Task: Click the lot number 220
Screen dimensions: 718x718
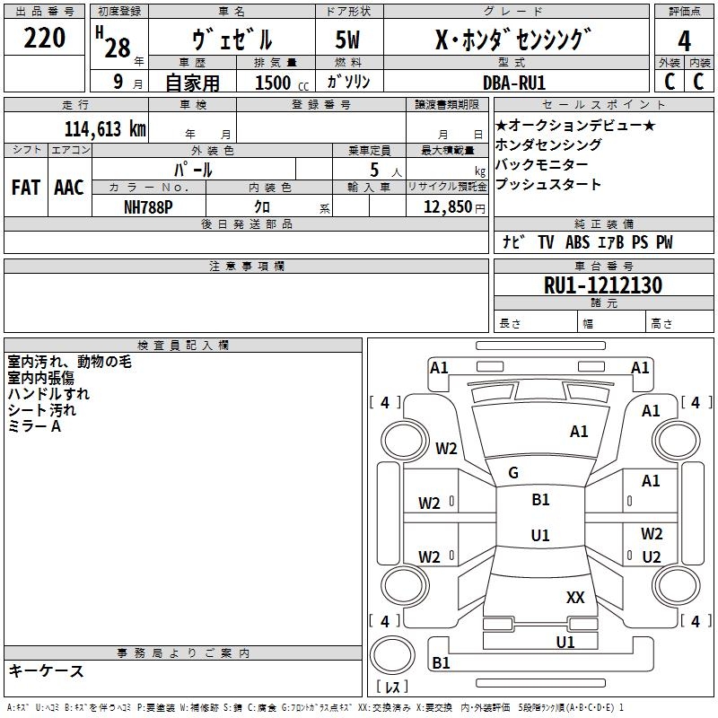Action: click(x=45, y=38)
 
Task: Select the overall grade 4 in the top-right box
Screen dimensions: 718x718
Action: click(x=685, y=40)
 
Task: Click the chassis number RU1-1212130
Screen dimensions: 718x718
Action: click(x=603, y=285)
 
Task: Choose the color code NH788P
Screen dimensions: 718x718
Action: click(x=148, y=206)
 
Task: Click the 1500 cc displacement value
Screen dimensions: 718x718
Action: click(x=273, y=83)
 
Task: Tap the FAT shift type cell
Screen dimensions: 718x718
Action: click(x=25, y=187)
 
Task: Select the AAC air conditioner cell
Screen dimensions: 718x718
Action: click(x=68, y=187)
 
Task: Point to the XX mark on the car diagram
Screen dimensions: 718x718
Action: click(x=575, y=598)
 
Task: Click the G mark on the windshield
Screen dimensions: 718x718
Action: click(x=513, y=473)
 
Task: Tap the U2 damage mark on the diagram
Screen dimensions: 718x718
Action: click(x=652, y=557)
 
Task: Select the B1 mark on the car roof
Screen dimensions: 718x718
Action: click(x=540, y=500)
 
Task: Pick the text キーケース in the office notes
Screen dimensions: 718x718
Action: click(x=46, y=670)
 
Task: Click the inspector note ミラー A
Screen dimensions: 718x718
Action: click(x=34, y=426)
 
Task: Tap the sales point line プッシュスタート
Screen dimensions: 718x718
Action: click(x=547, y=185)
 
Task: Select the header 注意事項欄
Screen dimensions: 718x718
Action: click(x=246, y=267)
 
